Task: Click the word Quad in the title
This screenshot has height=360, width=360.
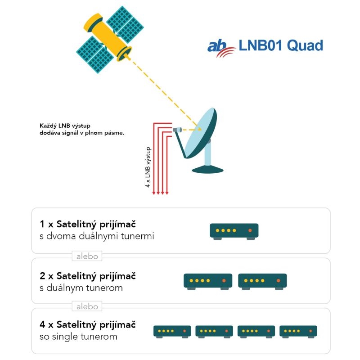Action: [305, 45]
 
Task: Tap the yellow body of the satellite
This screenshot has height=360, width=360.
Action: [107, 37]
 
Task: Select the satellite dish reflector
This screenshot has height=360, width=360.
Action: [200, 133]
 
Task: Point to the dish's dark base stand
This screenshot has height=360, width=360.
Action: [207, 170]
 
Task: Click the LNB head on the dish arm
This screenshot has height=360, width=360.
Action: [177, 130]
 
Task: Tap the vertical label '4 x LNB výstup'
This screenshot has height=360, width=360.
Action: [148, 167]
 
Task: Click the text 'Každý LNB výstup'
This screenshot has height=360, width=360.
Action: [65, 126]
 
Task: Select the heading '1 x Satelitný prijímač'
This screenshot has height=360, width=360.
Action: [87, 224]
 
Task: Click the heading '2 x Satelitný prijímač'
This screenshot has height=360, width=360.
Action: [87, 276]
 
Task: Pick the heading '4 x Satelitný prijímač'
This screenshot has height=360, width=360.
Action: [87, 324]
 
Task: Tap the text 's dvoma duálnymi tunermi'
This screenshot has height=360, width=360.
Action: [97, 236]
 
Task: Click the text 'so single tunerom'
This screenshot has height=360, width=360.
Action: [78, 337]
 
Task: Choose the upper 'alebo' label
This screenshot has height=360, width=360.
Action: [87, 256]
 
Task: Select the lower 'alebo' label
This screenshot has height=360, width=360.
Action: [87, 306]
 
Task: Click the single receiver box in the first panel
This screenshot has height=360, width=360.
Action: [234, 231]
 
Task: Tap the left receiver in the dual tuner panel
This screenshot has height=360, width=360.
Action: [208, 282]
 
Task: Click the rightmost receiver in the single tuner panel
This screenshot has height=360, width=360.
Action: [298, 332]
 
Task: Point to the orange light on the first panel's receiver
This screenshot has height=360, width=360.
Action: [250, 230]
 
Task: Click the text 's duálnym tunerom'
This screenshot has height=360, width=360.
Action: [81, 288]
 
